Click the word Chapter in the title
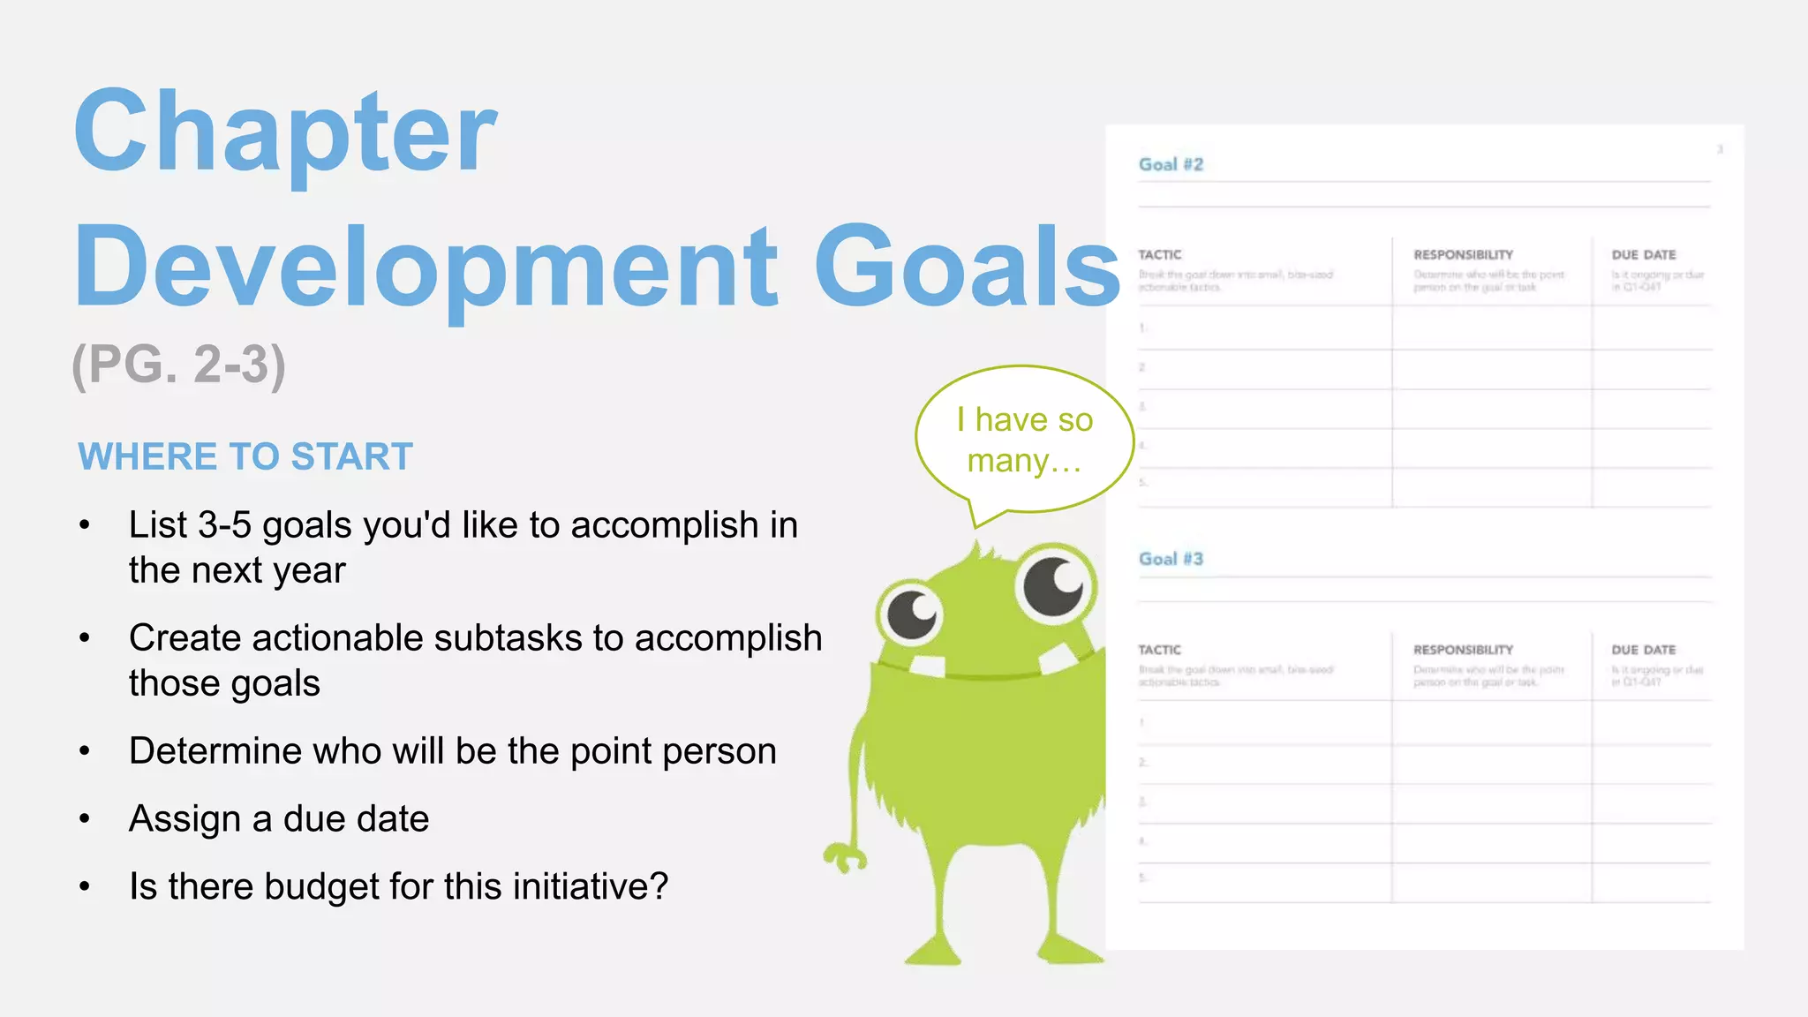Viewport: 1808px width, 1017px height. click(x=285, y=132)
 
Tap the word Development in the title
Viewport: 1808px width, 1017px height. click(x=426, y=267)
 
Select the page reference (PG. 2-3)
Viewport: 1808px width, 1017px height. click(x=178, y=365)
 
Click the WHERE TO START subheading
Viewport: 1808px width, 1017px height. click(x=245, y=456)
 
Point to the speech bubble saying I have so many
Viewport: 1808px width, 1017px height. click(x=1024, y=440)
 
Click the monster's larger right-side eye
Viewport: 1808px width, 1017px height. click(x=1054, y=584)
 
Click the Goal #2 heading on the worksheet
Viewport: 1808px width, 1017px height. click(x=1171, y=165)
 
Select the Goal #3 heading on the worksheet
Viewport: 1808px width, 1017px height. click(x=1171, y=559)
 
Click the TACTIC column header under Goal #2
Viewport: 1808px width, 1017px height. click(x=1159, y=255)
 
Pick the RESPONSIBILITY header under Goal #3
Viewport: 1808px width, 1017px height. click(x=1463, y=650)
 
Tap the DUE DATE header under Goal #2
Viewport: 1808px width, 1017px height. click(x=1643, y=255)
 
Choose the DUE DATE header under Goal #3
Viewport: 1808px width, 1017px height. click(x=1643, y=650)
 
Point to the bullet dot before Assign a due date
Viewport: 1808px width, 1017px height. click(x=85, y=819)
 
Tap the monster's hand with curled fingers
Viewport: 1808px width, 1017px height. click(x=844, y=856)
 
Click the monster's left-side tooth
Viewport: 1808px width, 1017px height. click(x=928, y=666)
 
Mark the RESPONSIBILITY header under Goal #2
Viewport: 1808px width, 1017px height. click(x=1463, y=255)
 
